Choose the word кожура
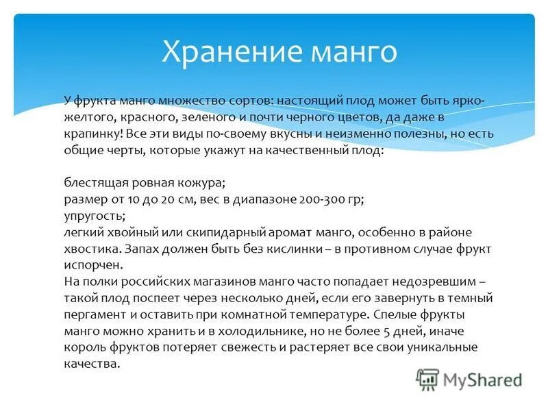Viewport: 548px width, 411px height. (x=201, y=183)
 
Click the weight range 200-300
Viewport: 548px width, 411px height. (x=323, y=199)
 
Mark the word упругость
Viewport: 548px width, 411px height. (x=95, y=216)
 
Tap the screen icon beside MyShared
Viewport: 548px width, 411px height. (x=427, y=379)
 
